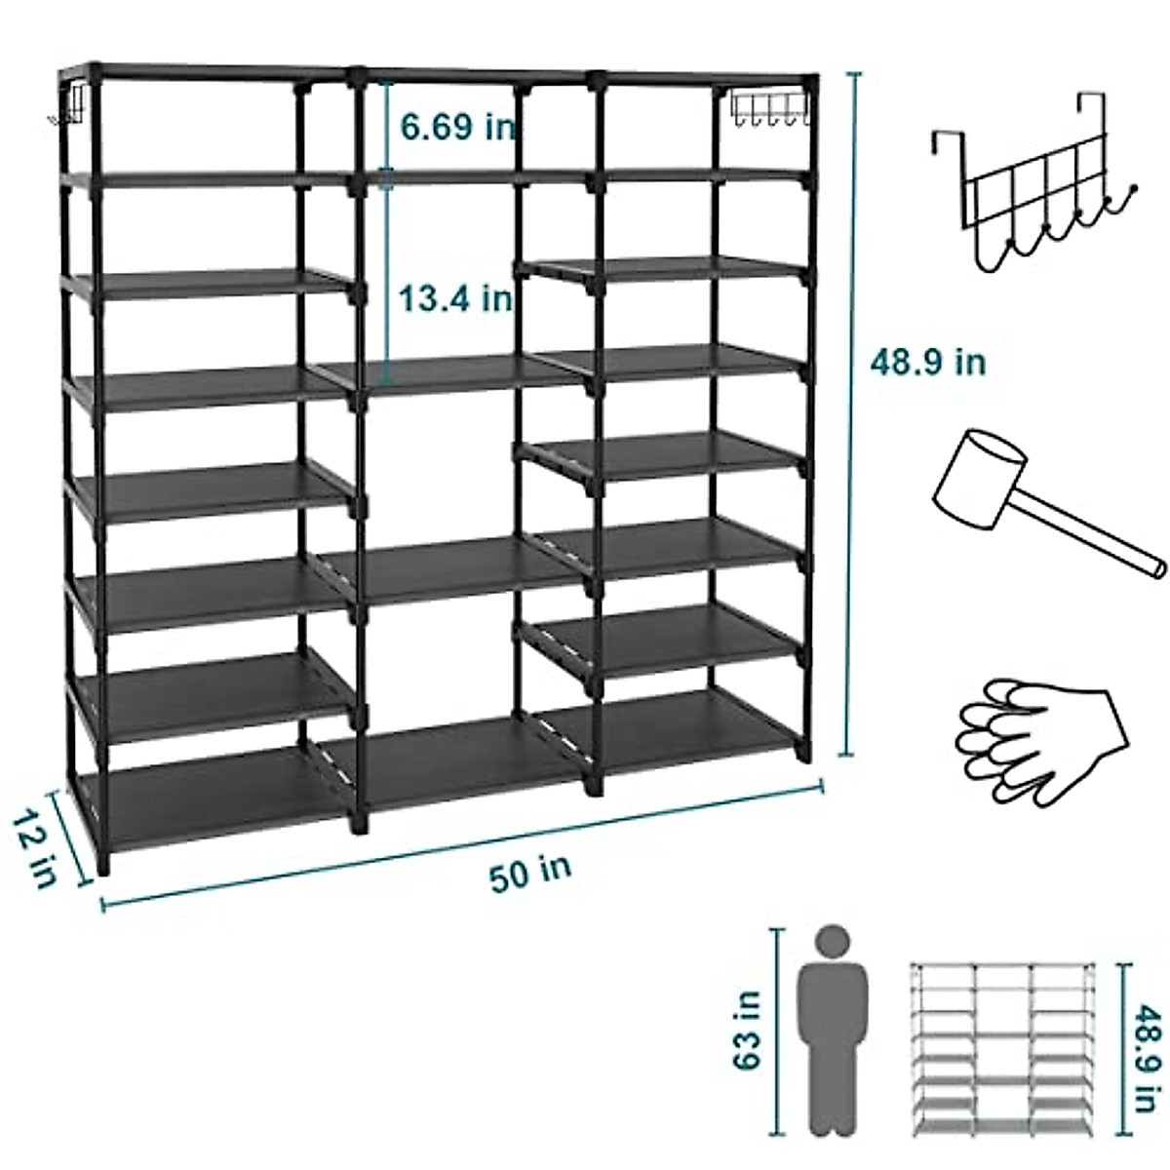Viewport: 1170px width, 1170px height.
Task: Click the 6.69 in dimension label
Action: coord(456,126)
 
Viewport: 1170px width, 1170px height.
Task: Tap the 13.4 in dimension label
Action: coord(456,297)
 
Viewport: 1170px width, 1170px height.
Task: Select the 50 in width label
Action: coord(530,871)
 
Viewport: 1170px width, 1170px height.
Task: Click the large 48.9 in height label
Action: coord(927,363)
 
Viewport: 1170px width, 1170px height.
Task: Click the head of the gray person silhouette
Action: coord(832,943)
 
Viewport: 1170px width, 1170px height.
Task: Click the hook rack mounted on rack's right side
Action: coord(770,107)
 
